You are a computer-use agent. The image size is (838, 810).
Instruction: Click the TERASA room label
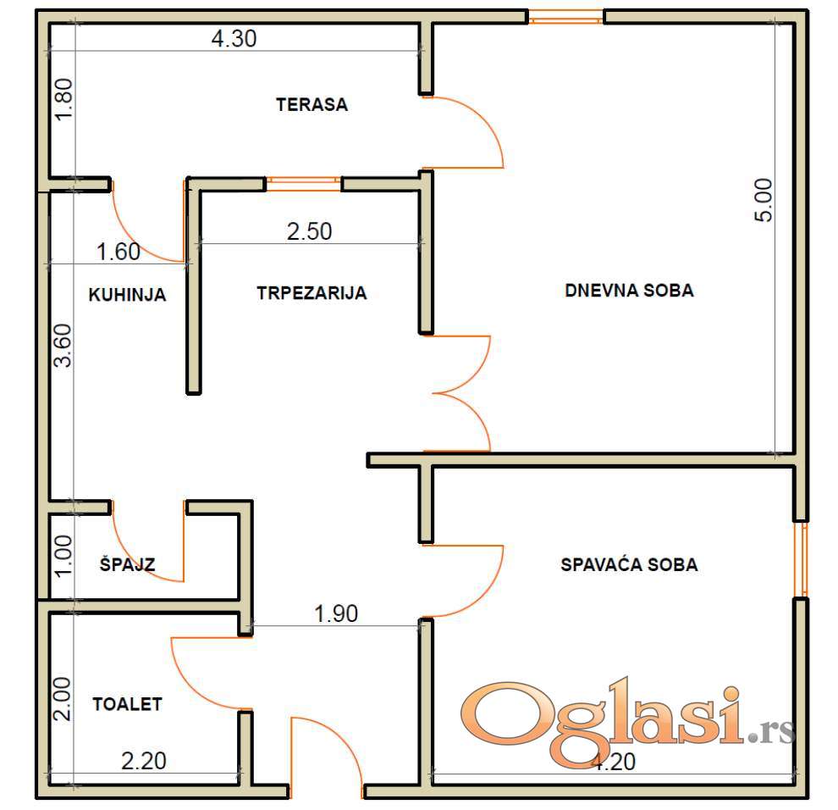[x=311, y=104]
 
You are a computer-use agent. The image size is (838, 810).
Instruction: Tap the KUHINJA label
[x=127, y=295]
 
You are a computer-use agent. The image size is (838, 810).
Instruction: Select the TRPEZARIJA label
[x=311, y=293]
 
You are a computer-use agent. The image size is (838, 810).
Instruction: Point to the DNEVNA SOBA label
[x=629, y=291]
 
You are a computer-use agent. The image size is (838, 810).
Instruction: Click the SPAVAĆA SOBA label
[x=629, y=564]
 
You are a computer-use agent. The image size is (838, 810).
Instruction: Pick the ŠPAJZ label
[x=127, y=564]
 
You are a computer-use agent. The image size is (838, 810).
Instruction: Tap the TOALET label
[x=127, y=704]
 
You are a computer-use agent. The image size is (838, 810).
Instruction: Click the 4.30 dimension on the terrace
[x=234, y=38]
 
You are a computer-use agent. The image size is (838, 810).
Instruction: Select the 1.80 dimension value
[x=63, y=99]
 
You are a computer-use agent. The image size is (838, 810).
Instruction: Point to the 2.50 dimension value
[x=310, y=231]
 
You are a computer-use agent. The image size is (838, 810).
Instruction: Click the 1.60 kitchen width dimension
[x=119, y=252]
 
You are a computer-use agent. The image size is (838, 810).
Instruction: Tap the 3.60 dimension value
[x=63, y=346]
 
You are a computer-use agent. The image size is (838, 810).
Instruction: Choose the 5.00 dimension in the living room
[x=764, y=200]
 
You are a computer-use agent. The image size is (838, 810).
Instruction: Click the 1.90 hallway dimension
[x=336, y=613]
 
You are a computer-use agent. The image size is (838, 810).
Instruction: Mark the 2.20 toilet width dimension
[x=144, y=762]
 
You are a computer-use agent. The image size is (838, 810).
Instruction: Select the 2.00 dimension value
[x=63, y=699]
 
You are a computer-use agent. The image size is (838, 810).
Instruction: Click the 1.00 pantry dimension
[x=63, y=557]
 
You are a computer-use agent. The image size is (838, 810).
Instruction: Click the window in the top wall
[x=566, y=17]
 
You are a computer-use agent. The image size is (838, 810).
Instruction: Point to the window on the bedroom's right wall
[x=801, y=559]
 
